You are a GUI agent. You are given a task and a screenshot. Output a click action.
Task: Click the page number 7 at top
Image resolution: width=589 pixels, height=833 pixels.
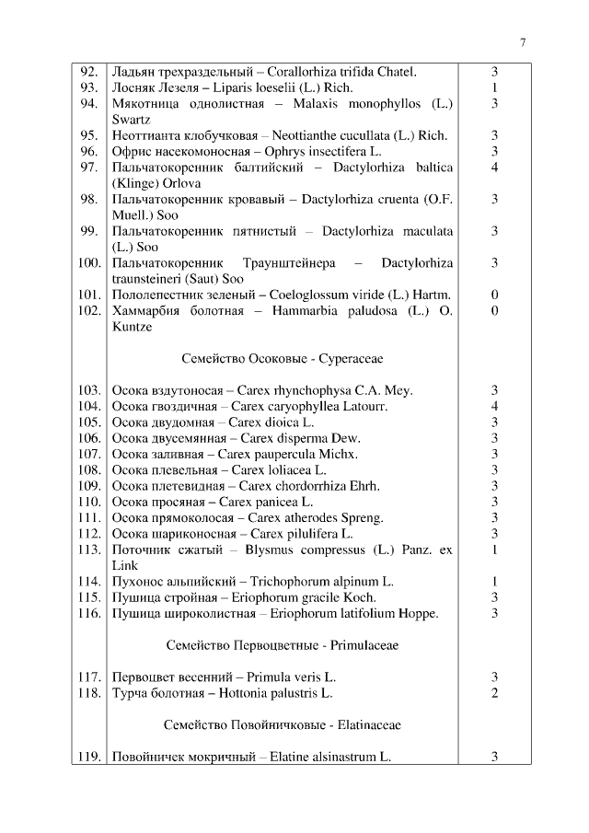[523, 41]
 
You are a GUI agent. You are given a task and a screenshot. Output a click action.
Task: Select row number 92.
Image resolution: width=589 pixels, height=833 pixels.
[88, 72]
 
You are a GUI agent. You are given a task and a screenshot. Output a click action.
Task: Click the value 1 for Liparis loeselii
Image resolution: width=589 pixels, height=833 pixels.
[494, 87]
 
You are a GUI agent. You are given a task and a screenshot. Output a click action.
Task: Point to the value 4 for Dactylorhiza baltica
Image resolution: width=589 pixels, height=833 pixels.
[494, 167]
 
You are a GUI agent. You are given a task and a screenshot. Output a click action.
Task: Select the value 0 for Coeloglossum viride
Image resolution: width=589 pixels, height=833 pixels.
[494, 295]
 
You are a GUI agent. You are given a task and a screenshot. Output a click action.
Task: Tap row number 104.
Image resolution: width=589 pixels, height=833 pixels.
[88, 406]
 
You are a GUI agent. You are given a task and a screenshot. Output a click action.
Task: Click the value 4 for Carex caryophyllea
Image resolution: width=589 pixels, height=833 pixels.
[494, 406]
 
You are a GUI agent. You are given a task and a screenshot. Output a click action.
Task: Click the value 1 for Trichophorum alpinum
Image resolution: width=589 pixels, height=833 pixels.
[494, 581]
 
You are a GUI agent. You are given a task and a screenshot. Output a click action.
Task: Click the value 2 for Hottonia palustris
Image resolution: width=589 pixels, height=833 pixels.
[494, 693]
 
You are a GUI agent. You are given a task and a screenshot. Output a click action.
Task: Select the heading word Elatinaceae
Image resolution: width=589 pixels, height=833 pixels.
[366, 725]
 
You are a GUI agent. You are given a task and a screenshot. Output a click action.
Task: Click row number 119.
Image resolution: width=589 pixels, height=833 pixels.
[88, 758]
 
